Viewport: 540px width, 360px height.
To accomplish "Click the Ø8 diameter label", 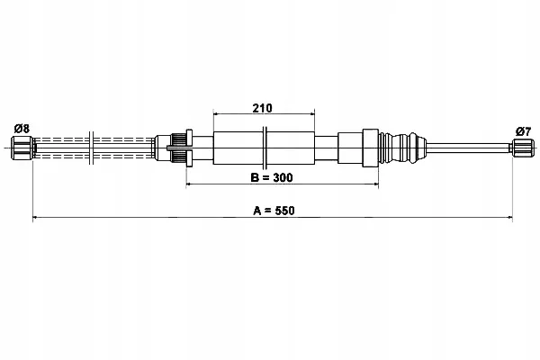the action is tap(22, 129).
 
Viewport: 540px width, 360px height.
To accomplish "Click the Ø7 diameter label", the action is tap(523, 131).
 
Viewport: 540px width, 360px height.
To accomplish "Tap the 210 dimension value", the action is tap(262, 108).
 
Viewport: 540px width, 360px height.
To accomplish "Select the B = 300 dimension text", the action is tap(272, 177).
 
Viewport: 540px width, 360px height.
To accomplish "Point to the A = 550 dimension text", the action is tap(274, 210).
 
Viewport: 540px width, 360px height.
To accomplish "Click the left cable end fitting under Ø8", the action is tap(22, 148).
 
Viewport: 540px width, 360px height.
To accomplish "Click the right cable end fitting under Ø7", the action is tap(522, 148).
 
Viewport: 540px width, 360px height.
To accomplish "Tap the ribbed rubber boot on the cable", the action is tap(402, 148).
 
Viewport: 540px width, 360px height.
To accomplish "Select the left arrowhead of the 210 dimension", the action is tap(216, 113).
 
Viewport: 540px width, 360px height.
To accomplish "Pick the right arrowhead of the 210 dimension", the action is tap(312, 113).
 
